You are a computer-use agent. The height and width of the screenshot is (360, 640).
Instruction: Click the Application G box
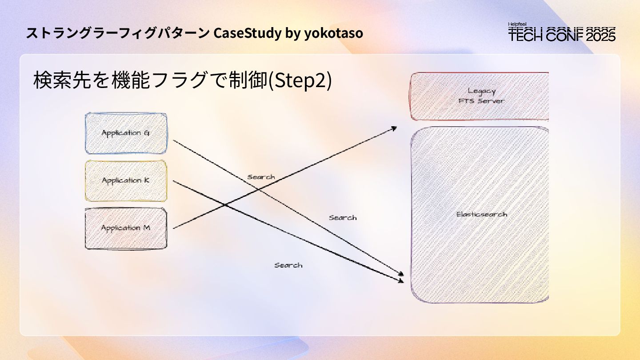click(x=126, y=133)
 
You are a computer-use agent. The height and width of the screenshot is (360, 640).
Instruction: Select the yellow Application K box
click(x=126, y=180)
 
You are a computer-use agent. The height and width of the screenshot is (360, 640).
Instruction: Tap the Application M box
click(x=126, y=228)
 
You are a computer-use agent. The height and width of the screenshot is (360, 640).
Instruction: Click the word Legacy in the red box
click(x=481, y=91)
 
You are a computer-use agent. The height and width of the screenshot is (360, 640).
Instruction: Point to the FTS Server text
click(x=481, y=101)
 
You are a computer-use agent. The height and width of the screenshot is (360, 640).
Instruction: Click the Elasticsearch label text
click(x=481, y=214)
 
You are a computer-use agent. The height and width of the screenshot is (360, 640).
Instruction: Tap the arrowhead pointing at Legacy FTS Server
click(x=393, y=128)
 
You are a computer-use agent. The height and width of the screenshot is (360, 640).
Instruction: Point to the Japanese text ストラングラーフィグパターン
click(x=118, y=33)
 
